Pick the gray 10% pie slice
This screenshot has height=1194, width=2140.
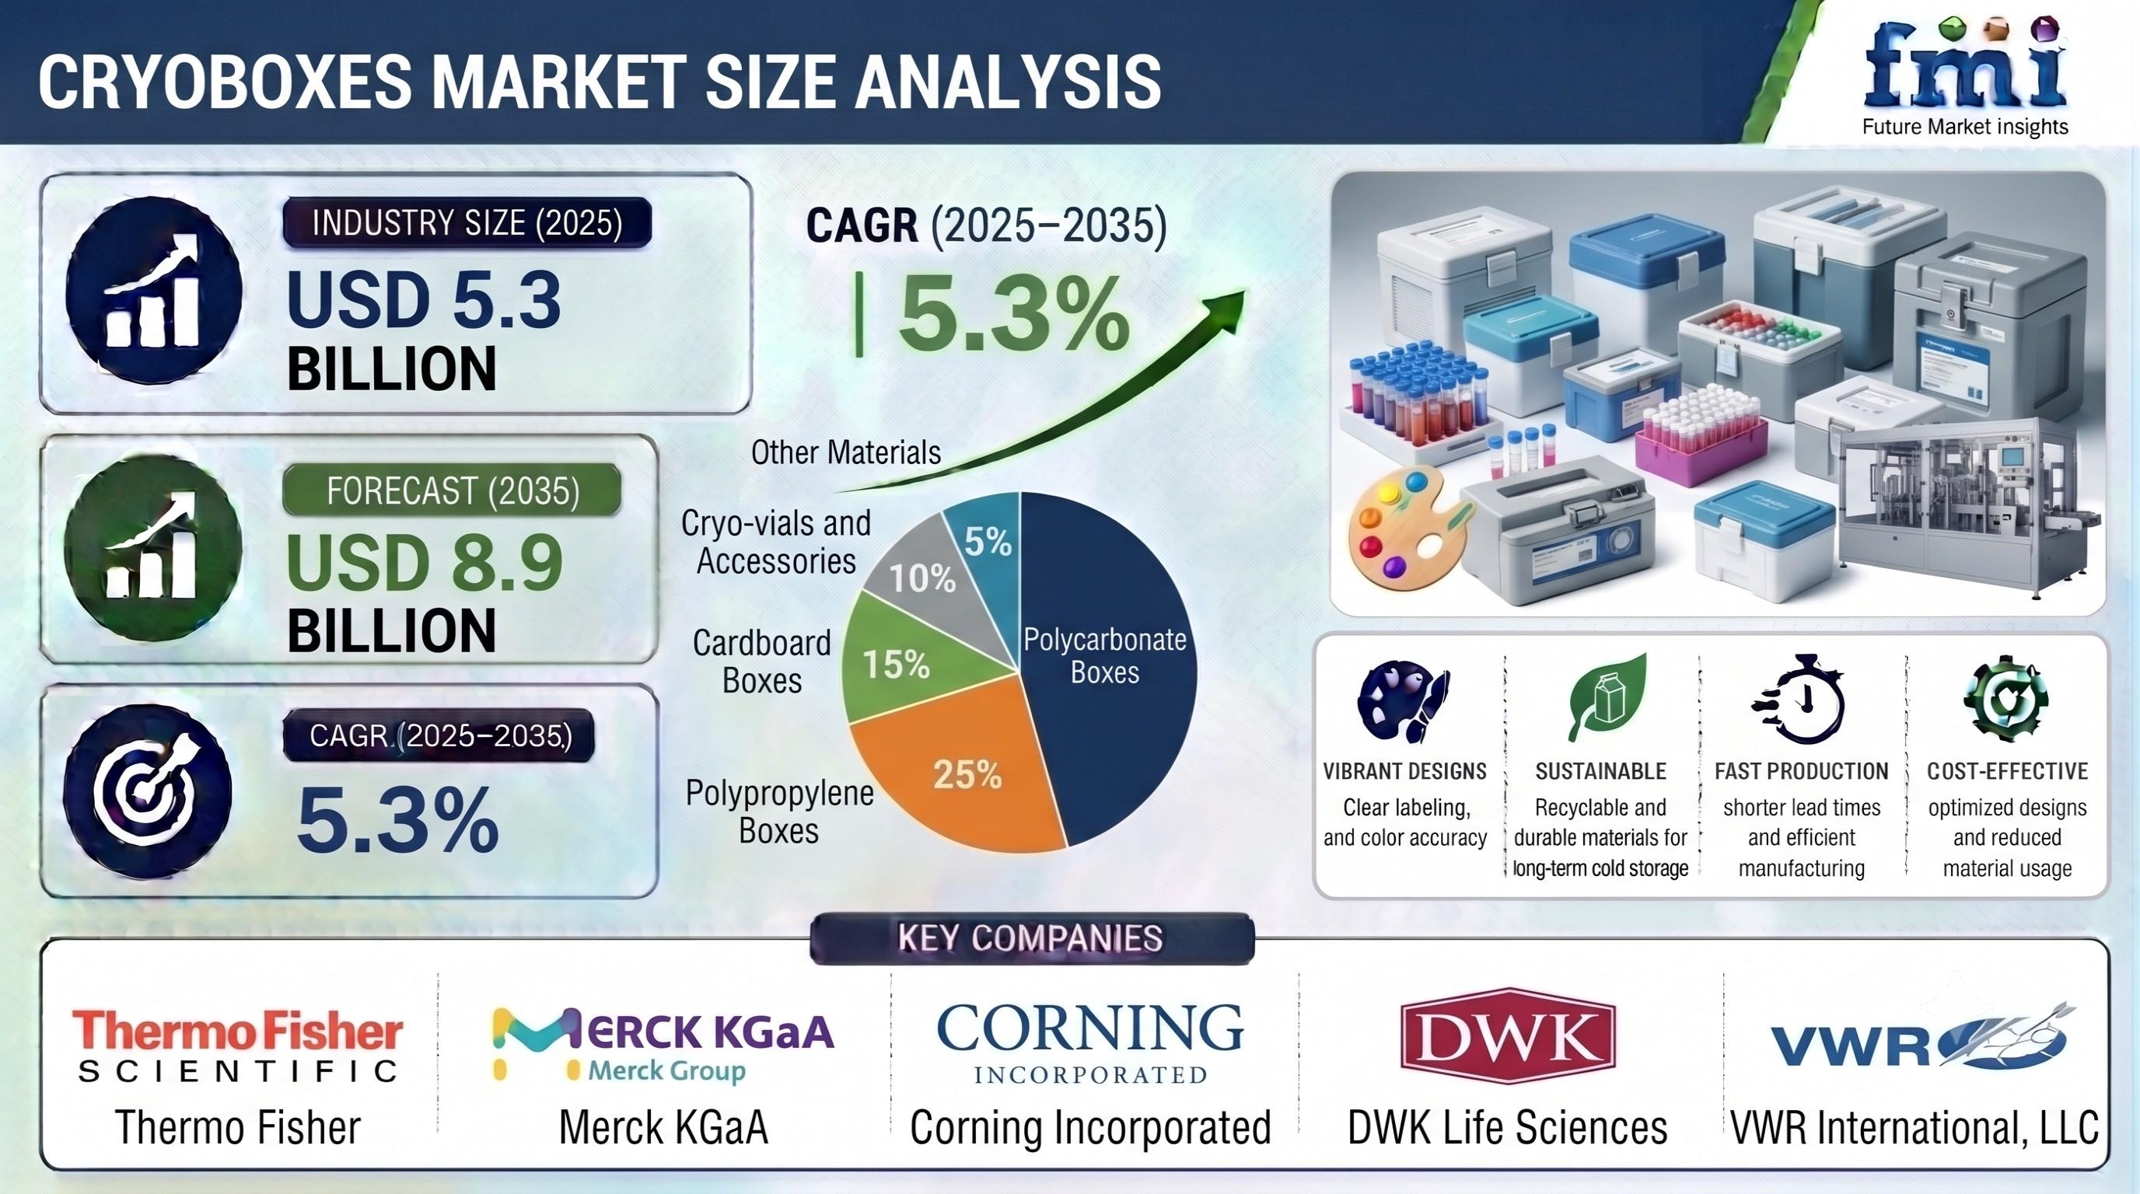tap(931, 573)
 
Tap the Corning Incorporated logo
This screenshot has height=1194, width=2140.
tap(1090, 1043)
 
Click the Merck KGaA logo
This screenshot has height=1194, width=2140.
tap(662, 1043)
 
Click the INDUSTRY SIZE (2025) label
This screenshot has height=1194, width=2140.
tap(467, 222)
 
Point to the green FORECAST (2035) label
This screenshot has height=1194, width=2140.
tap(453, 491)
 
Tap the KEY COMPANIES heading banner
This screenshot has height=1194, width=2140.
tap(1031, 938)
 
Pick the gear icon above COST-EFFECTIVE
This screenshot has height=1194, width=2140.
tap(2005, 697)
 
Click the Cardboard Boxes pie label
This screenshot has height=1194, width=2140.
tap(762, 662)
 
